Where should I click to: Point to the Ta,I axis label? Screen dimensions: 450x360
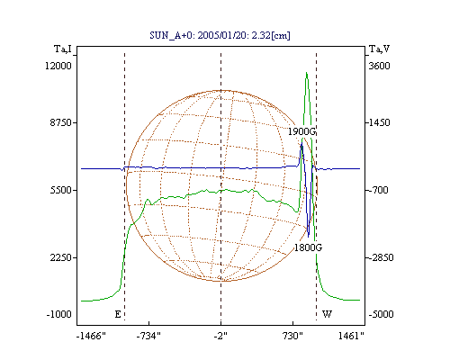tap(63, 49)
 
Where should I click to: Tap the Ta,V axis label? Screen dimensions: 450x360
tap(379, 49)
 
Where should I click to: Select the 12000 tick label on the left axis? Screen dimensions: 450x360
tap(58, 66)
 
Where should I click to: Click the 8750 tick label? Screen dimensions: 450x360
tap(61, 122)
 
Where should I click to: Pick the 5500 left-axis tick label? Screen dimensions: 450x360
tap(61, 190)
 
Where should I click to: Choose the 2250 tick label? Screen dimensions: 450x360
tap(61, 257)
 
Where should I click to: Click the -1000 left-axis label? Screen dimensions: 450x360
tap(59, 314)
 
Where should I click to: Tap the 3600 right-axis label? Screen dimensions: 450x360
tap(379, 66)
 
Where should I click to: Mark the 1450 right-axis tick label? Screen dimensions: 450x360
tap(378, 122)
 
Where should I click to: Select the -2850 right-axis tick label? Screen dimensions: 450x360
tap(380, 257)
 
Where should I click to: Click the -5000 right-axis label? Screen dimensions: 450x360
tap(381, 314)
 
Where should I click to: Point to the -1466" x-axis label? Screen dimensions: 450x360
tap(91, 336)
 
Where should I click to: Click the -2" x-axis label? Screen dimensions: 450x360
tap(220, 336)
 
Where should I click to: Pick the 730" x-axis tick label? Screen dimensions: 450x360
tap(292, 336)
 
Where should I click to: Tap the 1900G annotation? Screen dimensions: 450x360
tap(302, 131)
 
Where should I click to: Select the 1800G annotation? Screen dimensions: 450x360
tap(308, 247)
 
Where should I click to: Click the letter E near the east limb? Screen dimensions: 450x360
tap(118, 314)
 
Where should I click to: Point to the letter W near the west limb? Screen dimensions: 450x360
tap(327, 314)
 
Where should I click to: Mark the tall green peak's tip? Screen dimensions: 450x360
tap(306, 72)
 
